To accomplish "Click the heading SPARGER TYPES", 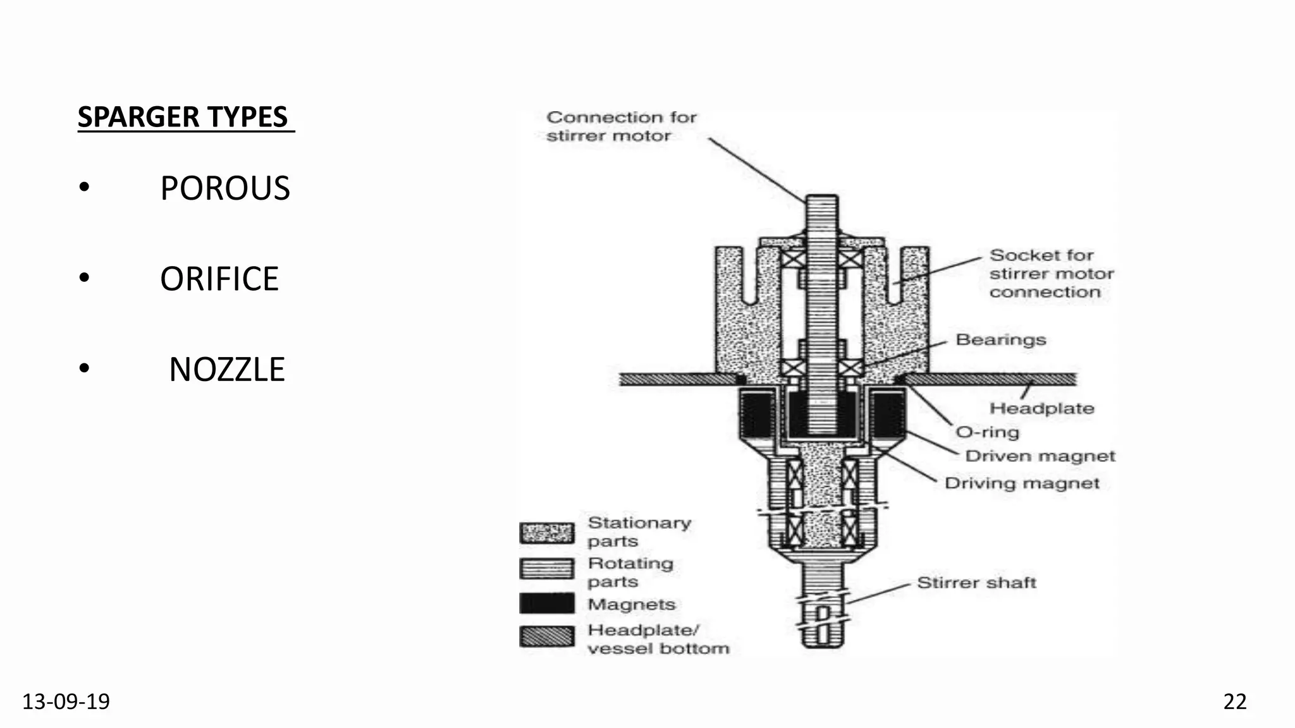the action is [x=183, y=117].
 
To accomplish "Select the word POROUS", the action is [x=225, y=188].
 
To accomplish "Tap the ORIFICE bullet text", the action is [x=219, y=279].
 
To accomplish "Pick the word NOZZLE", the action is [x=227, y=370].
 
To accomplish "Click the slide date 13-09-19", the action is [x=66, y=701].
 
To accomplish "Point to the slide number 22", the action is [x=1235, y=701].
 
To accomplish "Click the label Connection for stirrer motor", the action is [x=622, y=126].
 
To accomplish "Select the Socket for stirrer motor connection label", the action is [x=1052, y=274].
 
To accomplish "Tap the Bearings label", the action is [x=1001, y=340].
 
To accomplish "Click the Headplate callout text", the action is [x=1042, y=408].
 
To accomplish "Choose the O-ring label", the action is [x=988, y=432].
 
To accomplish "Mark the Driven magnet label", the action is [x=1040, y=456].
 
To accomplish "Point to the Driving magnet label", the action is [x=1022, y=483].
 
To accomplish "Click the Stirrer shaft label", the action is [x=977, y=583].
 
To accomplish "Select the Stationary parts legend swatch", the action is [x=547, y=533].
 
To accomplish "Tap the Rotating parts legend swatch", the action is [x=547, y=569].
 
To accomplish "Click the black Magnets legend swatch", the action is [x=547, y=603].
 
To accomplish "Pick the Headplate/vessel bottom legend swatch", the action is [x=547, y=636].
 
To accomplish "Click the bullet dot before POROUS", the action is [x=84, y=188].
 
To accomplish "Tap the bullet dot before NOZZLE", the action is [x=84, y=369].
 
